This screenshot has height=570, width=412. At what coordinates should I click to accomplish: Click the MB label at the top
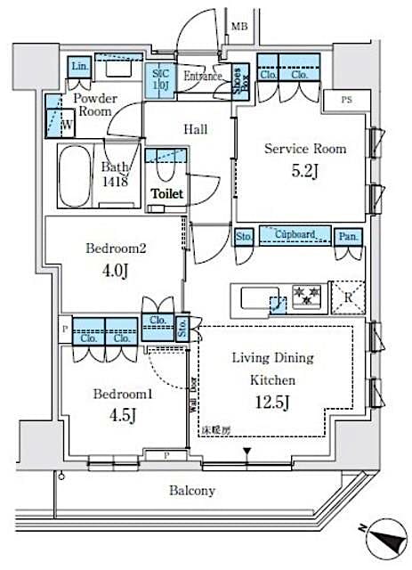pyautogui.click(x=238, y=27)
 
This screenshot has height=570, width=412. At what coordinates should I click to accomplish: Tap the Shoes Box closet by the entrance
pyautogui.click(x=238, y=81)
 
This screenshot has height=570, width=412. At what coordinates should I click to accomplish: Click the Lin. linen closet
pyautogui.click(x=80, y=68)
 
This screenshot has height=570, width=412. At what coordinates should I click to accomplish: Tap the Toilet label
pyautogui.click(x=166, y=192)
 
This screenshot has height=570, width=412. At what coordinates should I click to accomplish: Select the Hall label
pyautogui.click(x=196, y=130)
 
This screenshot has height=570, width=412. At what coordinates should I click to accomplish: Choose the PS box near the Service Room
pyautogui.click(x=346, y=100)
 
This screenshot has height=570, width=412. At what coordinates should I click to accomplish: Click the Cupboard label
pyautogui.click(x=295, y=234)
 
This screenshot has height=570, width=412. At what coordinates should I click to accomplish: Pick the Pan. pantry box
pyautogui.click(x=347, y=236)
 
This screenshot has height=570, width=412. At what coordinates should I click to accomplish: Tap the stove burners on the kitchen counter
pyautogui.click(x=305, y=295)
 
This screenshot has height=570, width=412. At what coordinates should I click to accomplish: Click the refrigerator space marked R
pyautogui.click(x=347, y=297)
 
